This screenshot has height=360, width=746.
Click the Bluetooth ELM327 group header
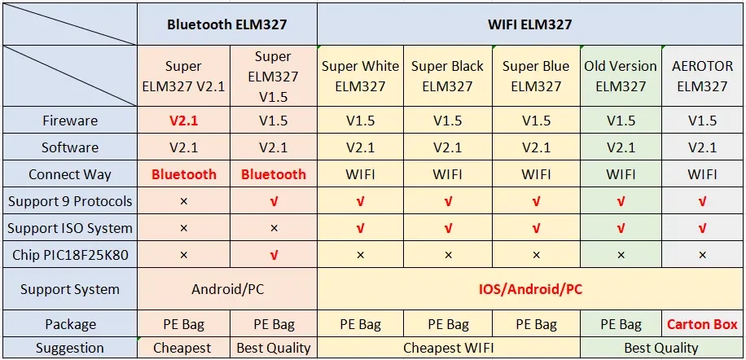coord(227,24)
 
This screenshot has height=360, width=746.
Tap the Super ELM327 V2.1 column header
coord(183,76)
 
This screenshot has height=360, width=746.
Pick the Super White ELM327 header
coord(360,76)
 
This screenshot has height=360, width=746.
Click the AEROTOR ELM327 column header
coord(702,76)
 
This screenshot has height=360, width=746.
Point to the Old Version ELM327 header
coord(621,76)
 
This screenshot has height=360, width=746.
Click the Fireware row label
coord(70,121)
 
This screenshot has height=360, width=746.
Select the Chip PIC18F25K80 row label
coord(70,255)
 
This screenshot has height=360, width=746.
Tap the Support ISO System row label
coord(70,228)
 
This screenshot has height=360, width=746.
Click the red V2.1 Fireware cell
coord(183,121)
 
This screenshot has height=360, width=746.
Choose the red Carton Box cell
coord(702,324)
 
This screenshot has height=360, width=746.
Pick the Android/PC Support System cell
coord(227,289)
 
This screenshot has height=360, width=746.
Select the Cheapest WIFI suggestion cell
coord(449,348)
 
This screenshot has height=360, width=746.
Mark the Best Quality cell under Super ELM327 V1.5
coord(273,348)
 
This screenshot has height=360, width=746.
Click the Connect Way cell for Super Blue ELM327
coord(537,174)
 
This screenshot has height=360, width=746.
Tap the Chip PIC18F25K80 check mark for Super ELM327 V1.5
coord(273,255)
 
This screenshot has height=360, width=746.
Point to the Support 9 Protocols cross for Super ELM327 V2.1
coord(183,201)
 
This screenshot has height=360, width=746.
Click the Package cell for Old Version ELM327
coord(621,324)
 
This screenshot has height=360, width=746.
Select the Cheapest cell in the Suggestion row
coord(183,348)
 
